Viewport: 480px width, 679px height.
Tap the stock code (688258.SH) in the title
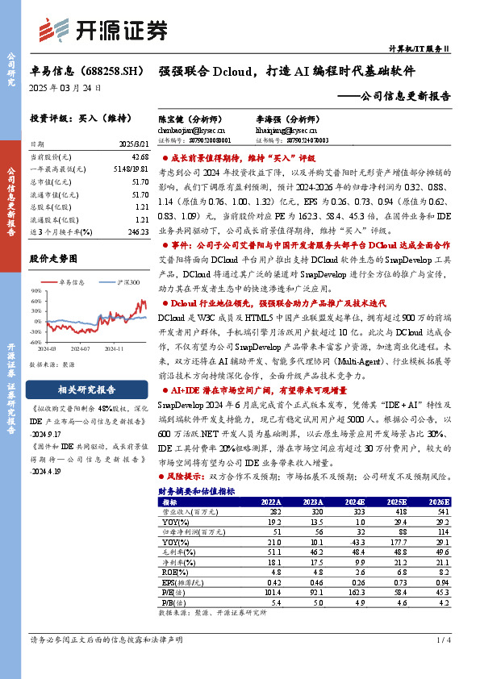point(107,71)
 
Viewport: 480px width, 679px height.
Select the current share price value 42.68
point(140,156)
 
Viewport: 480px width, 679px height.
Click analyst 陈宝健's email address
point(192,129)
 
